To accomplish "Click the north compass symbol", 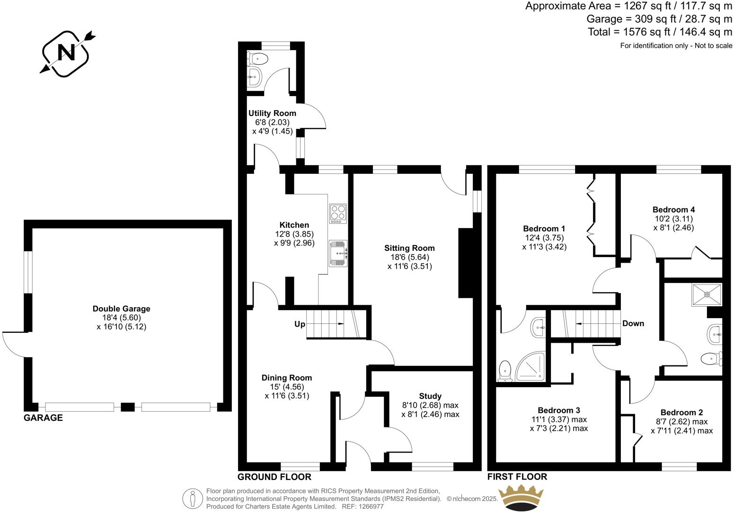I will pyautogui.click(x=66, y=53).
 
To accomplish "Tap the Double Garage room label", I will pyautogui.click(x=121, y=309).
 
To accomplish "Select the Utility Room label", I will pyautogui.click(x=272, y=113).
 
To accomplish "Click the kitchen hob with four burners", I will pyautogui.click(x=338, y=213).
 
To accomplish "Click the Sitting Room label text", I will pyautogui.click(x=409, y=248).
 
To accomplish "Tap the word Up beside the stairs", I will pyautogui.click(x=300, y=324).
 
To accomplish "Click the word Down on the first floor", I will pyautogui.click(x=633, y=324).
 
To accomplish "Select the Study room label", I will pyautogui.click(x=430, y=396).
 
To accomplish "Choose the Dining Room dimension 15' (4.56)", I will pyautogui.click(x=287, y=387).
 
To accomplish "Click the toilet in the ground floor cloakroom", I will pyautogui.click(x=257, y=59).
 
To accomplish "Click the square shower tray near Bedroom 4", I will pyautogui.click(x=707, y=294).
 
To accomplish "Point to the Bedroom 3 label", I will pyautogui.click(x=558, y=410).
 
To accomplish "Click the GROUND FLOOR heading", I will pyautogui.click(x=274, y=477).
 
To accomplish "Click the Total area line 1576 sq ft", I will pyautogui.click(x=660, y=32).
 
